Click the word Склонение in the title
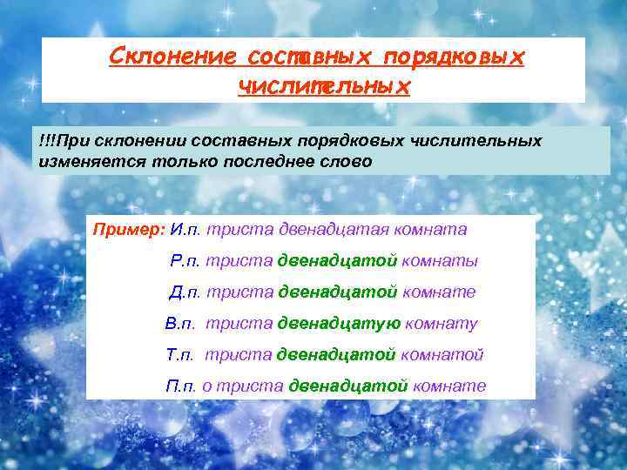172,57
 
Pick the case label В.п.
182,324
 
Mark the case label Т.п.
182,355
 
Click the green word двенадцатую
339,324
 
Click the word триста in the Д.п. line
239,292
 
